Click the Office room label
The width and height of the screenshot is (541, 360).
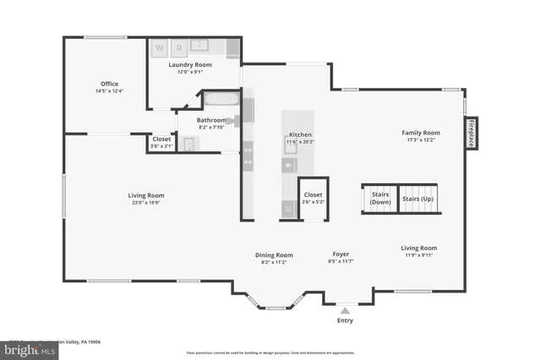tap(109, 84)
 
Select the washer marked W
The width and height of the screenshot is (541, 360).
tap(159, 47)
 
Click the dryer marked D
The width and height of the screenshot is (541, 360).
tap(179, 47)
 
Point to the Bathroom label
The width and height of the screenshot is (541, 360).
tap(211, 120)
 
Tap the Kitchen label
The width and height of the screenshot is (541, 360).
tap(301, 135)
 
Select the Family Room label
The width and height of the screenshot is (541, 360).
tap(420, 133)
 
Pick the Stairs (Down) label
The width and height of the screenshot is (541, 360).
tap(380, 199)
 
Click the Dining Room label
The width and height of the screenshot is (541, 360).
tap(274, 254)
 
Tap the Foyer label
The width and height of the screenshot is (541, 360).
tap(341, 254)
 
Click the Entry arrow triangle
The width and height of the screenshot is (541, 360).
tap(345, 310)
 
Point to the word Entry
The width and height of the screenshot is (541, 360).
tap(345, 320)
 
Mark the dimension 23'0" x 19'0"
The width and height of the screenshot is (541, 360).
tap(145, 203)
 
